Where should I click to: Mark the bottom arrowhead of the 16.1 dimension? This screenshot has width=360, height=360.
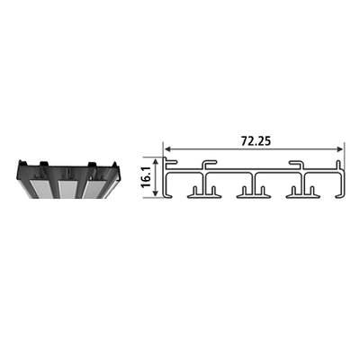pyautogui.click(x=158, y=195)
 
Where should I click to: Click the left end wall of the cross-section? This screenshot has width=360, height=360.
pyautogui.click(x=166, y=180)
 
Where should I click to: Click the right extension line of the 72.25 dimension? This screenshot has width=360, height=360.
pyautogui.click(x=344, y=153)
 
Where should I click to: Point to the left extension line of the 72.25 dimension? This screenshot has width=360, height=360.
pyautogui.click(x=164, y=153)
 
